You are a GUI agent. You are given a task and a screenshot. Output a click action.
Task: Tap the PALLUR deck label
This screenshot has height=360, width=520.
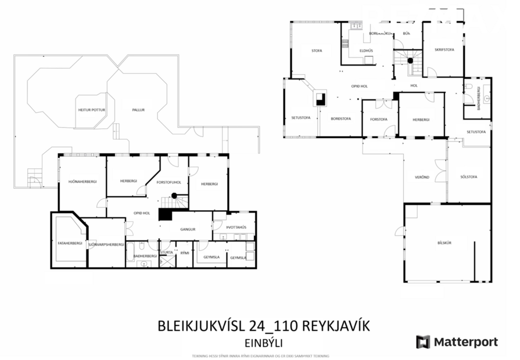point(138,109)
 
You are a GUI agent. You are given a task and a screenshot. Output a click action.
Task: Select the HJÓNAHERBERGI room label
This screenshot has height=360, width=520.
point(82,182)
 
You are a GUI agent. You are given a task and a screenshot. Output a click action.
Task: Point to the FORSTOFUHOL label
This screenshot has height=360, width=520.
point(169,182)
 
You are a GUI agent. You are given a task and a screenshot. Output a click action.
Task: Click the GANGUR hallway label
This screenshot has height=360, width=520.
point(188,229)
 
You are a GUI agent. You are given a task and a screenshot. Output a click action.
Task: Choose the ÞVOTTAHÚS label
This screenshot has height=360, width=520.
point(236,227)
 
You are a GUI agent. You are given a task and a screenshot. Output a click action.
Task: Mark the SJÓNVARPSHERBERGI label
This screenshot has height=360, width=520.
point(106,244)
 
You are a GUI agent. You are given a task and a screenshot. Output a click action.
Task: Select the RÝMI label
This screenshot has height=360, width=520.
point(185,253)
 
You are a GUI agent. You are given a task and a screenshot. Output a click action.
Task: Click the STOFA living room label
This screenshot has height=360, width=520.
point(317,51)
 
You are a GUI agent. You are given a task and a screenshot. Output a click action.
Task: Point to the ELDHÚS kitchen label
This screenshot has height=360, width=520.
point(366,51)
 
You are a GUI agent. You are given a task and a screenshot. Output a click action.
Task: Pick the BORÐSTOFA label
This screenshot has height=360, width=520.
point(340,118)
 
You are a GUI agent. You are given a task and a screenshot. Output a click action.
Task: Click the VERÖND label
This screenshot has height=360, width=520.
point(422,177)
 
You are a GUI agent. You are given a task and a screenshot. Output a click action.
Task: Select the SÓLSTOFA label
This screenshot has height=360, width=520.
point(468,177)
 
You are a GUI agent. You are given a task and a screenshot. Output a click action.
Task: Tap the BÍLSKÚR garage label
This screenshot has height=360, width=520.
point(444,242)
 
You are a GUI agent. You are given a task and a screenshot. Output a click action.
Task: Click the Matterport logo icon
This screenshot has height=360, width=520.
point(423,342)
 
